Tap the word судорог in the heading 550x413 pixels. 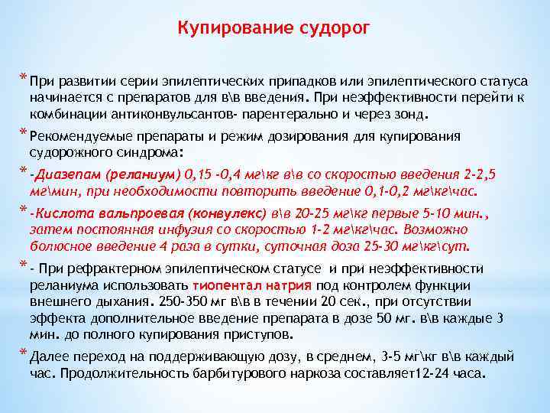click(x=334, y=29)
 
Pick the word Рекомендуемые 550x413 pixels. click(x=79, y=136)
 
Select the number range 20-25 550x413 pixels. click(x=320, y=213)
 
